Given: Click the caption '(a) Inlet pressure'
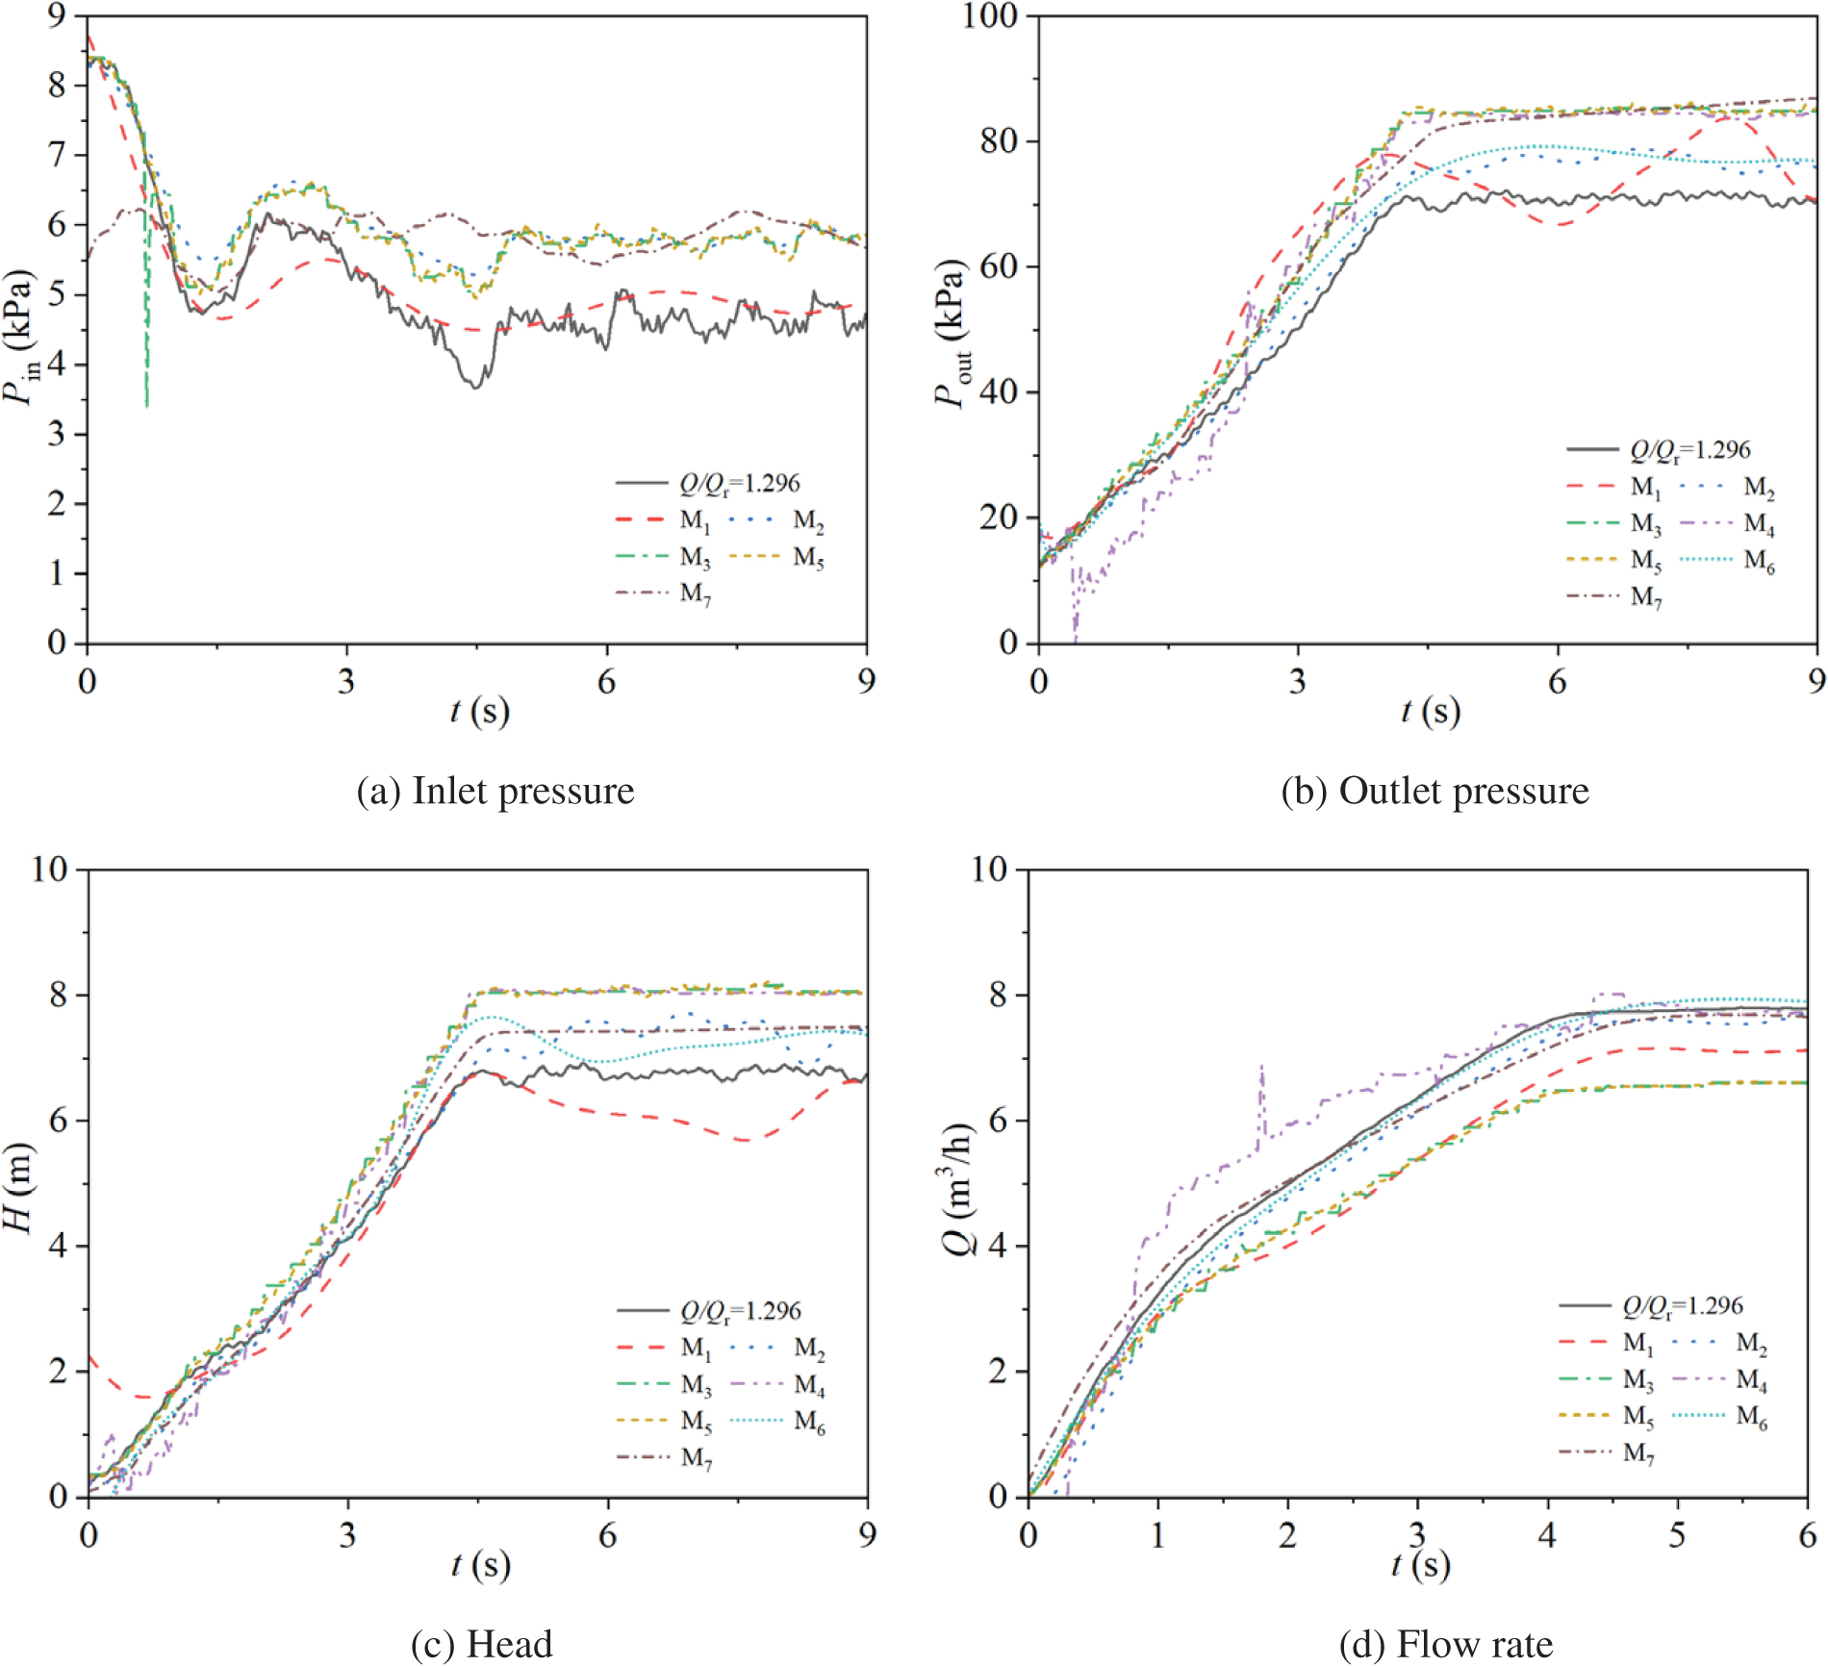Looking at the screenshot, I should (495, 791).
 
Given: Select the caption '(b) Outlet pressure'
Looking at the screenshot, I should (1434, 791).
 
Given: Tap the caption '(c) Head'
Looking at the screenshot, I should (481, 1644).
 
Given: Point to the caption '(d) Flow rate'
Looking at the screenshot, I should (1445, 1644).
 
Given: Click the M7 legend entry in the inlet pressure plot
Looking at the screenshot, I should (664, 593).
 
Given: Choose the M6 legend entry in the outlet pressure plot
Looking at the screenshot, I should (1728, 561).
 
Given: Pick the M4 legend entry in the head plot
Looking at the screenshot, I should (777, 1385).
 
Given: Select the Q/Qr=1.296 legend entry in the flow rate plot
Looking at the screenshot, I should (1651, 1305).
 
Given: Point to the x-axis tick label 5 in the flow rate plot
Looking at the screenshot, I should (1677, 1535).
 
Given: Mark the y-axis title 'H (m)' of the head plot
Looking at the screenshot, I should (19, 1188).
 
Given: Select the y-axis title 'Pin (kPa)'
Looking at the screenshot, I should (19, 337).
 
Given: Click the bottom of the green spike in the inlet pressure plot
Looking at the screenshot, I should (146, 406).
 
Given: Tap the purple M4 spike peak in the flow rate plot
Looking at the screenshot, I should (1261, 1066).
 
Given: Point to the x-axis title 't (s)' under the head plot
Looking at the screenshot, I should (480, 1565).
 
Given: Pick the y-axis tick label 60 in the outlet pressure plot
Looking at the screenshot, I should (999, 266).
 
